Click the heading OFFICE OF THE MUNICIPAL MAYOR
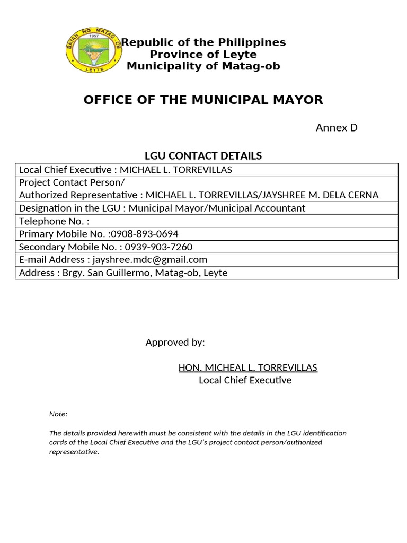203,100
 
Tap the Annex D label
337,127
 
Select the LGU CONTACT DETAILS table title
203,156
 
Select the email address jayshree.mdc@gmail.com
150,260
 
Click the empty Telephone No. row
207,221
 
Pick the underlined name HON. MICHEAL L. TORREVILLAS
248,367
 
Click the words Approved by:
175,343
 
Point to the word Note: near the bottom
58,414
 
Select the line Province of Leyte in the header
203,54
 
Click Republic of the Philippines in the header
204,42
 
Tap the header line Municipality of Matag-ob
203,66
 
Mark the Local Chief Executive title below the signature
245,380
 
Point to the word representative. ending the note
74,452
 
